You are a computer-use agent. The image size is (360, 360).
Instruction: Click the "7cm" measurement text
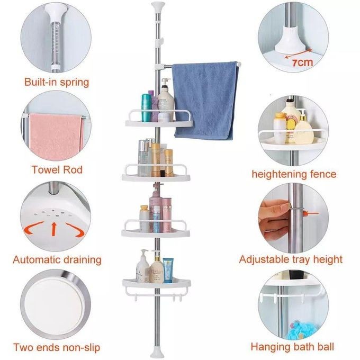[303, 62]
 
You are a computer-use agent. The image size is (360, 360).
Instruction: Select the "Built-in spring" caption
[57, 82]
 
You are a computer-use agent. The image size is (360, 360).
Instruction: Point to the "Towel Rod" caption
[57, 169]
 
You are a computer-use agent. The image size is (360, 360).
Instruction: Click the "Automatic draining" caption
[57, 259]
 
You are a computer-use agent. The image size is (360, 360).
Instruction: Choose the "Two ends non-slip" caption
[57, 347]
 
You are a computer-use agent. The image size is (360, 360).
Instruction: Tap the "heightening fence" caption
[294, 174]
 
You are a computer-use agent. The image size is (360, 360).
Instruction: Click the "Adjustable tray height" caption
[291, 259]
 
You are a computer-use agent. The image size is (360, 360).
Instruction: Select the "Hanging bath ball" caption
[292, 347]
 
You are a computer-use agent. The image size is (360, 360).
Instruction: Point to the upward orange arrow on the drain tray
[53, 229]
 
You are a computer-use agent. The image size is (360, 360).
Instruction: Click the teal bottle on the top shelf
[146, 107]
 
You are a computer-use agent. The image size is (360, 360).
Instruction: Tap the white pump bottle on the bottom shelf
[142, 266]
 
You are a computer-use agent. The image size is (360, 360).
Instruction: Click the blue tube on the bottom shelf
[168, 270]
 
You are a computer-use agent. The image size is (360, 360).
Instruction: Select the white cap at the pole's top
[158, 6]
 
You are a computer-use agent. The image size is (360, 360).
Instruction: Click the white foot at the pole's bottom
[157, 353]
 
